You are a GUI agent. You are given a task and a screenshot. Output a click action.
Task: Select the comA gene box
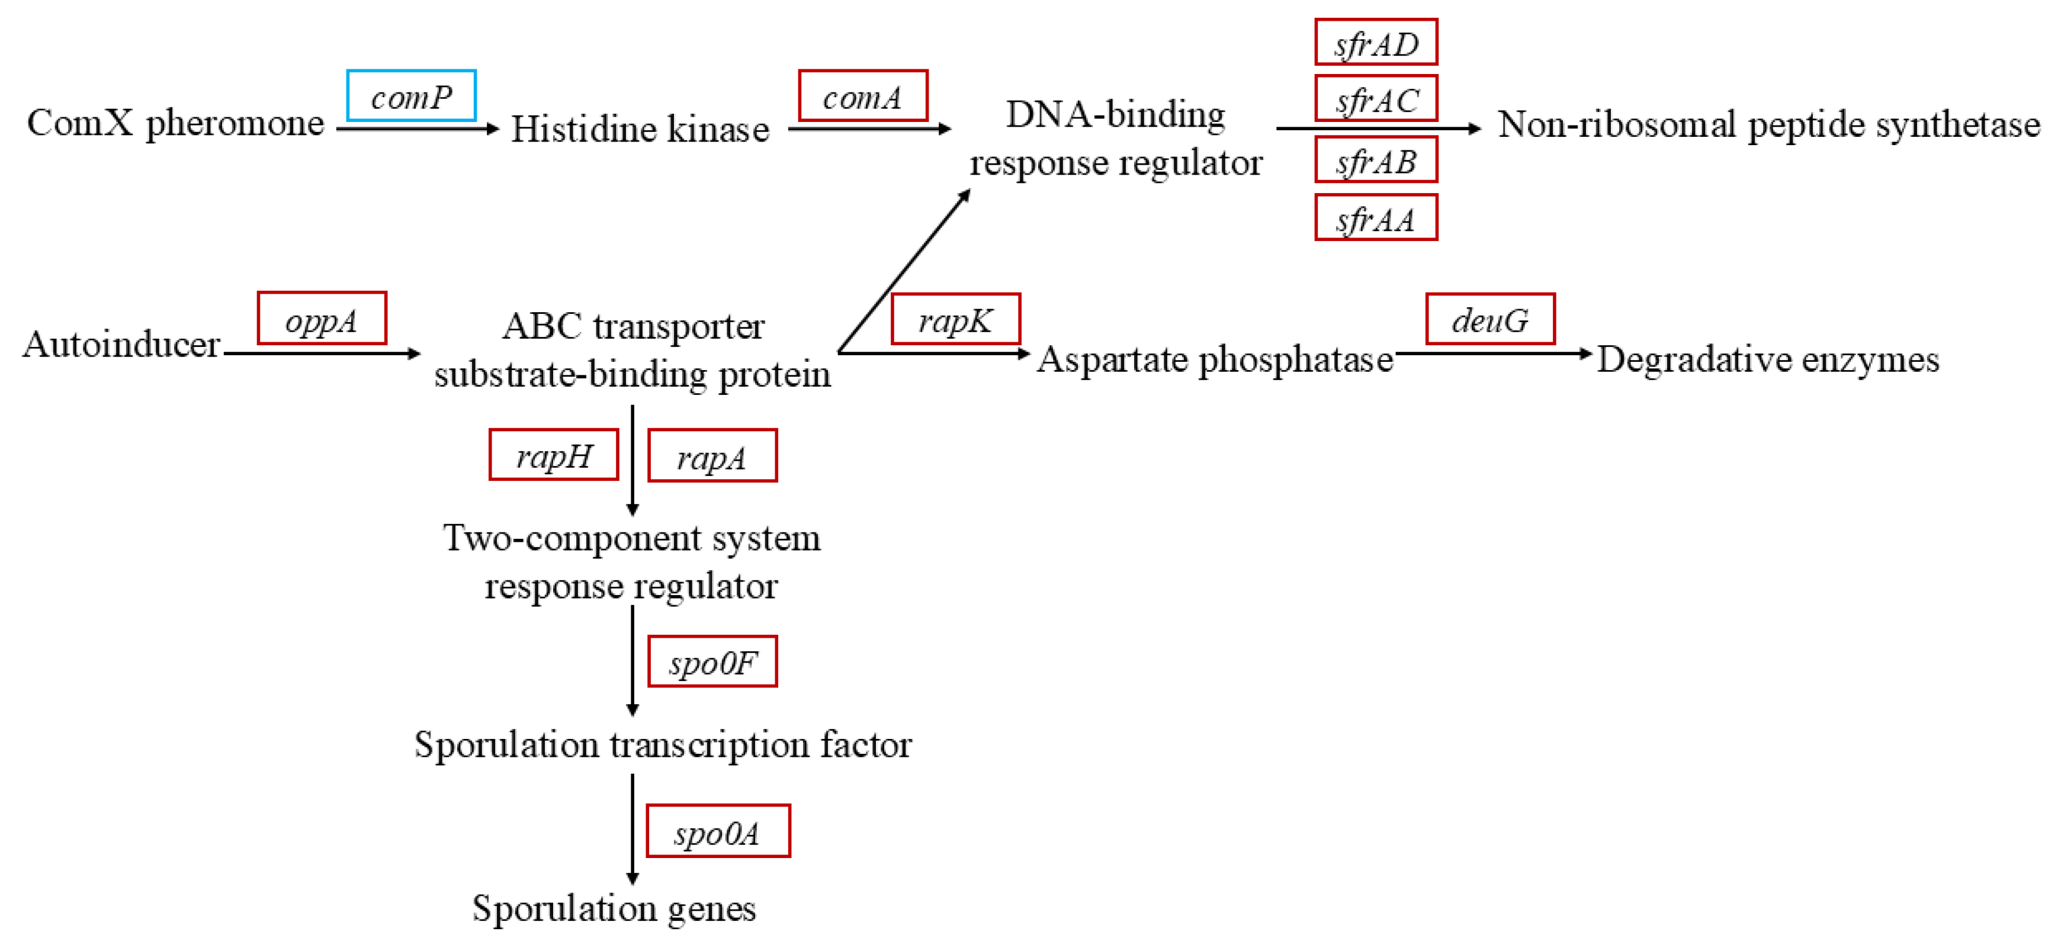[863, 96]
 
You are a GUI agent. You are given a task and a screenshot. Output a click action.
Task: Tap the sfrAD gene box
[1376, 42]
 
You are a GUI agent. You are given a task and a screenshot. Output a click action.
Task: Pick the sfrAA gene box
[1376, 217]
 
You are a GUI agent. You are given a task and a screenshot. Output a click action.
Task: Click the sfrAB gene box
[1376, 160]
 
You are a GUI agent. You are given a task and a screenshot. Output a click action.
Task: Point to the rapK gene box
[955, 319]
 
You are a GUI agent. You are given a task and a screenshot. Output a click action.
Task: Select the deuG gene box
[1490, 319]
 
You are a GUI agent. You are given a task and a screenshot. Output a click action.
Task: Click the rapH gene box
[553, 455]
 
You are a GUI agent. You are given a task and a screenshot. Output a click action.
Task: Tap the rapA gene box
[712, 456]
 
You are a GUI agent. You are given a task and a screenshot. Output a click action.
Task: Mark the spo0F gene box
[712, 661]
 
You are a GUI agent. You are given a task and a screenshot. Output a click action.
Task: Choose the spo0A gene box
[717, 831]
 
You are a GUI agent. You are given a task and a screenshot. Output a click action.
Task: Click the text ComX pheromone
[176, 124]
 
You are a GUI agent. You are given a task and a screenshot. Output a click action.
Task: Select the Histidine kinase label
[640, 129]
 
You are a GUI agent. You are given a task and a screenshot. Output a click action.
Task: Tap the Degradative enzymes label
[1767, 359]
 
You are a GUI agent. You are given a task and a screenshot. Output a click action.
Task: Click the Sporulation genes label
[614, 908]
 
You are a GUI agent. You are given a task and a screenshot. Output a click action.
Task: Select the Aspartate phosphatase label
[1214, 359]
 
